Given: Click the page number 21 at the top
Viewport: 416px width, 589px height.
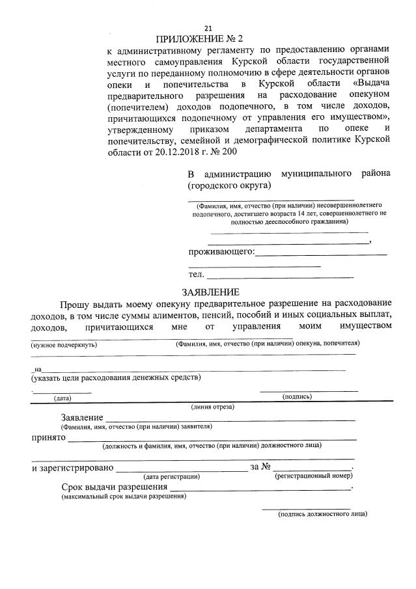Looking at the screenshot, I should [208, 28].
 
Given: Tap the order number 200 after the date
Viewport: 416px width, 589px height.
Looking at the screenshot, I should [229, 152].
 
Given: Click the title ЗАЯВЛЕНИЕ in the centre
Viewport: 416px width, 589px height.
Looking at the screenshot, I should [210, 292].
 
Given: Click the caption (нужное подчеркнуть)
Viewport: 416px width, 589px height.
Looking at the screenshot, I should [64, 344].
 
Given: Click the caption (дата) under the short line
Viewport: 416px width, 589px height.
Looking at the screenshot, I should [62, 398].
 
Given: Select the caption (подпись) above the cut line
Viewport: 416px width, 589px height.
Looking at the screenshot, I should [297, 396].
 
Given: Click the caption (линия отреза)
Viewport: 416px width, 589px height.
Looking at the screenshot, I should [212, 407].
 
